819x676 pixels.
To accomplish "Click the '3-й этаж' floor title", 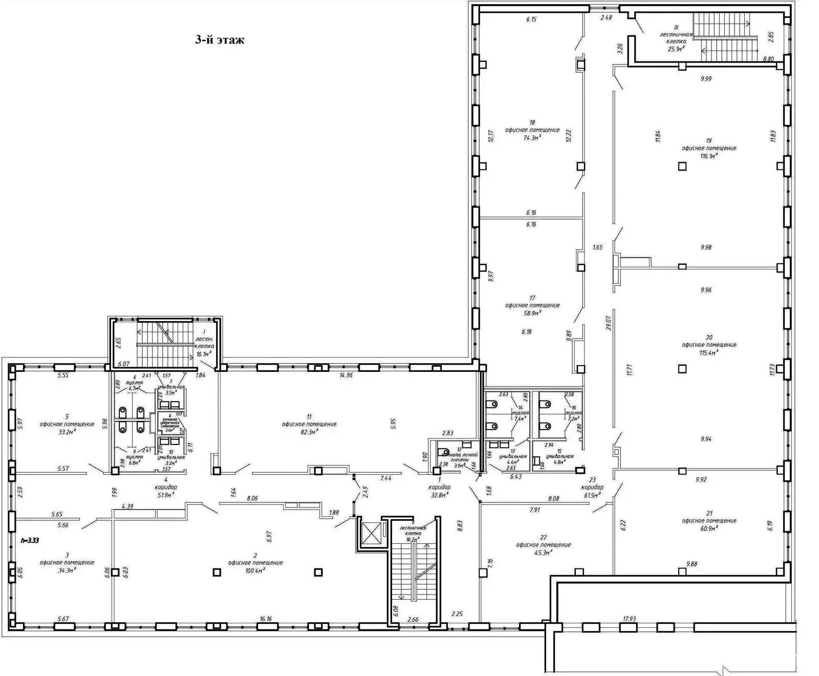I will [x=219, y=40].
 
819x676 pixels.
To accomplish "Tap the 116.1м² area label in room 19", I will [x=708, y=156].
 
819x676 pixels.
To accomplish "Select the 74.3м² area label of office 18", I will [x=532, y=138].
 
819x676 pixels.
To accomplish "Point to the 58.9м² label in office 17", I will [x=532, y=312].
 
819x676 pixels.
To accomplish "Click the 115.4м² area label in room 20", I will [x=708, y=352].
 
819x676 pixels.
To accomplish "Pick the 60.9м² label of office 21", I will [x=708, y=528].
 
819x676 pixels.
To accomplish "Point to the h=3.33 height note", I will [x=30, y=540].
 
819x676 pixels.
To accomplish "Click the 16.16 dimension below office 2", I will [x=265, y=619].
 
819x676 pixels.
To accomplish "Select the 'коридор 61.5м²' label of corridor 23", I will [x=592, y=492].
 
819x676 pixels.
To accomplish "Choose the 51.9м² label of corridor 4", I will [x=166, y=495].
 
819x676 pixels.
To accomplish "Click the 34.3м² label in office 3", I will [x=67, y=569].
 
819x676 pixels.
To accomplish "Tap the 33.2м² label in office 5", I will [x=67, y=432].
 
